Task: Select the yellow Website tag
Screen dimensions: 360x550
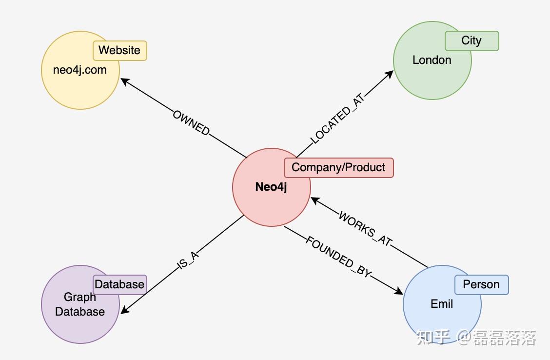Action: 119,51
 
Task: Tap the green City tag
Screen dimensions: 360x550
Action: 471,41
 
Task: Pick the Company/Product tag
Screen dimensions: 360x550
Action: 338,168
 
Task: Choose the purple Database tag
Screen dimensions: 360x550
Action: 119,284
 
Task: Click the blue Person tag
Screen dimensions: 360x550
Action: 481,285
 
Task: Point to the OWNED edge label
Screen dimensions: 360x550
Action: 191,123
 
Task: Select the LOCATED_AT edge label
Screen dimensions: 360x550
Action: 337,119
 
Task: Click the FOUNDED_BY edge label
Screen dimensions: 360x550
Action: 338,257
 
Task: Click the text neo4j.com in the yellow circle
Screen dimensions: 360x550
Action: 80,70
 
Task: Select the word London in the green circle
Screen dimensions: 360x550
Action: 432,60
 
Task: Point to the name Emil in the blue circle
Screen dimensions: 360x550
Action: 442,304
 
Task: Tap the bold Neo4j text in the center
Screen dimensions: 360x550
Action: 271,187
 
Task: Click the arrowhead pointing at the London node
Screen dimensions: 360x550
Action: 390,74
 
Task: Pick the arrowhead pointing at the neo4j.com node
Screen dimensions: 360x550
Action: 125,81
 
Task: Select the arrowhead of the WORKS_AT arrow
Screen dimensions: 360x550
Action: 315,200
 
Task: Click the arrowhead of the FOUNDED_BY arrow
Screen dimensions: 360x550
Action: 399,292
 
